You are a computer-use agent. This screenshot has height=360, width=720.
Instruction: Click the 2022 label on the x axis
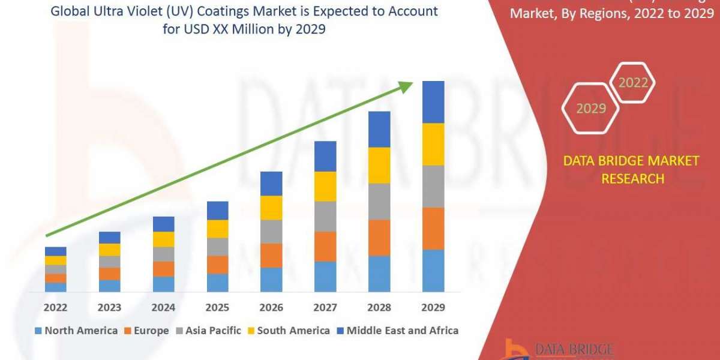[55, 308]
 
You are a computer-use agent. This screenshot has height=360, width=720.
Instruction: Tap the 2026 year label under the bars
[271, 308]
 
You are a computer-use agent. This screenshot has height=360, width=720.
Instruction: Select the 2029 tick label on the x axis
[433, 308]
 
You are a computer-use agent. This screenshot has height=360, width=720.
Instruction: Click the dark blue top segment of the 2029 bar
[433, 102]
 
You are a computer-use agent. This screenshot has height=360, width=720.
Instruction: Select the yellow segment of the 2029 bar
[433, 144]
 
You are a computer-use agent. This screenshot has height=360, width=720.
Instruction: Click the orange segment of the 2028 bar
[379, 238]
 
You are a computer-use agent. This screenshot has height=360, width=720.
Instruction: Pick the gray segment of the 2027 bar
[325, 217]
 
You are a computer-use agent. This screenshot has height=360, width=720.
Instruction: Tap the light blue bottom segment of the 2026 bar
[271, 280]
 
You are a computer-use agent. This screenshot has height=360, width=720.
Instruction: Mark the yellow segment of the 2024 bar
[163, 239]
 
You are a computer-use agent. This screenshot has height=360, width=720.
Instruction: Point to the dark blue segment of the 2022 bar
[55, 251]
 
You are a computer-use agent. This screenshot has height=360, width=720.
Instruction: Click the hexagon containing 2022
[632, 83]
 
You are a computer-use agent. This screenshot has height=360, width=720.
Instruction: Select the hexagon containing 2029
[590, 109]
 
